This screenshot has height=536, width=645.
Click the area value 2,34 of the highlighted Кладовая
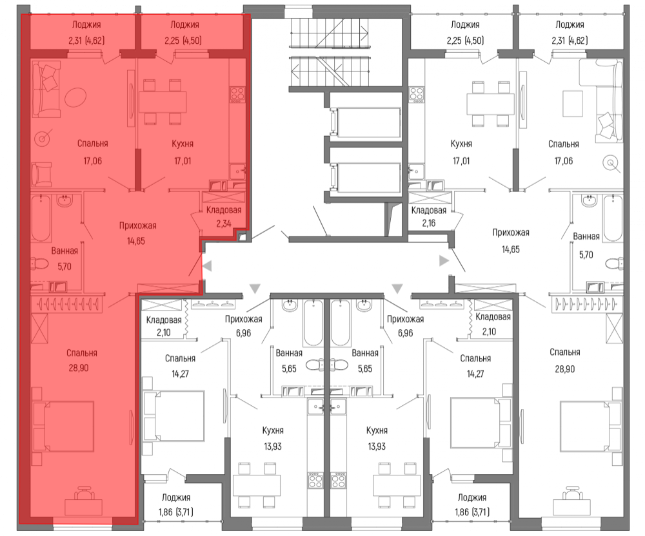tap(224, 224)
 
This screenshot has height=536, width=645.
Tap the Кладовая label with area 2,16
tap(429, 210)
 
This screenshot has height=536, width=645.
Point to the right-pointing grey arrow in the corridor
tap(444, 260)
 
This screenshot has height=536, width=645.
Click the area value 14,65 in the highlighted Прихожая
tap(135, 241)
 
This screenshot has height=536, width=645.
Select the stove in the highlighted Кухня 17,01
tap(238, 95)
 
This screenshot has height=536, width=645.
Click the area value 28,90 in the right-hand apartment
tap(565, 369)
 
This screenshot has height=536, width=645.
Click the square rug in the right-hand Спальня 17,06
tap(572, 104)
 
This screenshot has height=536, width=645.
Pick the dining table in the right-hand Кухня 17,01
tap(490, 104)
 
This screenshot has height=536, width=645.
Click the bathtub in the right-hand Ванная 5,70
tap(613, 218)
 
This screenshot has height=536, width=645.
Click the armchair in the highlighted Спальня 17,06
tap(41, 174)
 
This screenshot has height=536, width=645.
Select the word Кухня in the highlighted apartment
tap(183, 144)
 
